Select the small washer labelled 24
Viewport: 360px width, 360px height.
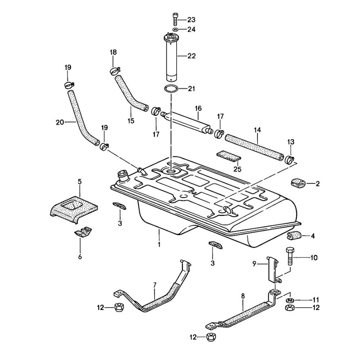[175, 29]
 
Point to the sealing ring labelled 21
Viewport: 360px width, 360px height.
[171, 89]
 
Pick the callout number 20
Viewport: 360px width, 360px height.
[60, 122]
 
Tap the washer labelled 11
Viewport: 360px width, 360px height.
[289, 300]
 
